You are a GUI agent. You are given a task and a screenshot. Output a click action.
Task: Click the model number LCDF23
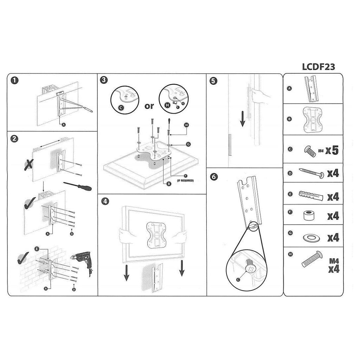tap(319, 66)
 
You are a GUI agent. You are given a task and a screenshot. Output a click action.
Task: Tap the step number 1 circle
tap(15, 81)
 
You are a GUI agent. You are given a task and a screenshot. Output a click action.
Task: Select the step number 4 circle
tap(105, 201)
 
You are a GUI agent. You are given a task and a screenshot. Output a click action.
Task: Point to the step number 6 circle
tap(214, 177)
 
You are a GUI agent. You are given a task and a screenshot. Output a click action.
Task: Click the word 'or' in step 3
tap(149, 106)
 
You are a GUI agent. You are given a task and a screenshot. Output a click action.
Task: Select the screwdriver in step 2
tap(77, 186)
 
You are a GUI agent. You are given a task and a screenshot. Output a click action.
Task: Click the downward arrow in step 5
tap(243, 119)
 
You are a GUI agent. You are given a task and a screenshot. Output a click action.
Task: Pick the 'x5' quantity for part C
tap(332, 150)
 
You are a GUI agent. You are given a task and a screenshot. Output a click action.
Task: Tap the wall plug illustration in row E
tap(311, 195)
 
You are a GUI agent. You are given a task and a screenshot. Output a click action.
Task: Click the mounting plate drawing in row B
tap(313, 120)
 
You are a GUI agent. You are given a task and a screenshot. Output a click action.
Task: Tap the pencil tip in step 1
tap(92, 111)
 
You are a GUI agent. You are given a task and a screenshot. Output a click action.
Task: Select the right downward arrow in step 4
tap(182, 268)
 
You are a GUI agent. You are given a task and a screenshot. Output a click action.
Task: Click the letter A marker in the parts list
tap(290, 88)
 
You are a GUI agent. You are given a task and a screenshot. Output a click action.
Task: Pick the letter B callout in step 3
tap(169, 184)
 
